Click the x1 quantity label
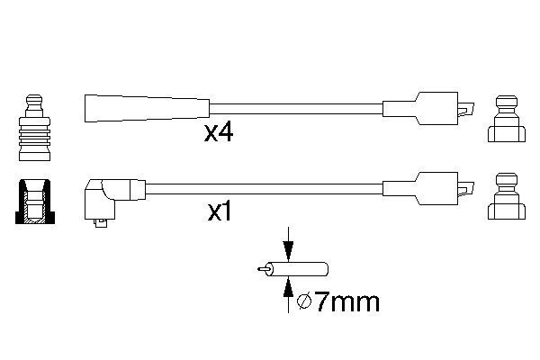221,213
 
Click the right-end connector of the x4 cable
429,107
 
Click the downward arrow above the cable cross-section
288,244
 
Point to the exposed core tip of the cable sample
263,268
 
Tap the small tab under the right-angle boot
97,225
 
